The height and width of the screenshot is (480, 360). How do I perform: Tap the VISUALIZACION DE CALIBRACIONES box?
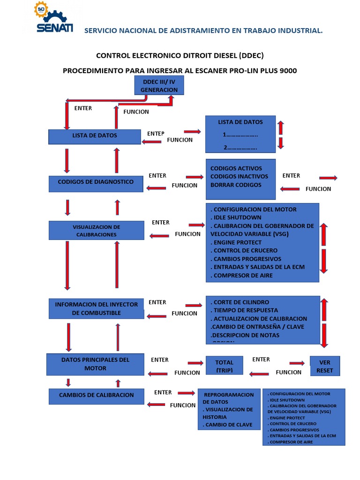(x=96, y=231)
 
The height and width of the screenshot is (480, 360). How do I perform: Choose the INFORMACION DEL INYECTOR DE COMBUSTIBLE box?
(x=96, y=308)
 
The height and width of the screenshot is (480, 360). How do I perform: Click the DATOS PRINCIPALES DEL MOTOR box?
(x=95, y=364)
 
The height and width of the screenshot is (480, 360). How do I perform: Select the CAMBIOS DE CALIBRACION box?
(x=96, y=395)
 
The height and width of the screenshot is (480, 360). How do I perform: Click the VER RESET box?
(x=324, y=366)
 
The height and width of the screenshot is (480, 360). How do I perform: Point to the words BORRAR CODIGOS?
(x=236, y=185)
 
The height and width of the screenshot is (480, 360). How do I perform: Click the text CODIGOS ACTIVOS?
(x=236, y=168)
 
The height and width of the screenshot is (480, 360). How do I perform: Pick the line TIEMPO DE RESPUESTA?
(x=245, y=310)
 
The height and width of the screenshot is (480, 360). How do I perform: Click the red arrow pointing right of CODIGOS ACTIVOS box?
(x=328, y=178)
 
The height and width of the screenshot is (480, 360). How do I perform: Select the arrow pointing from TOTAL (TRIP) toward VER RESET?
(x=297, y=363)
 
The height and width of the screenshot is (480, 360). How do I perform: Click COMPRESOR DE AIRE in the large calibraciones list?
(x=243, y=275)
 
